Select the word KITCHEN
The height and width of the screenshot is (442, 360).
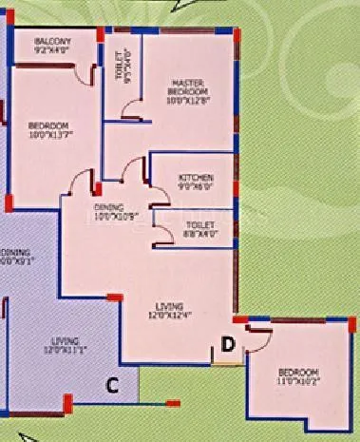point(196,178)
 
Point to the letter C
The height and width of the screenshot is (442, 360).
point(111,385)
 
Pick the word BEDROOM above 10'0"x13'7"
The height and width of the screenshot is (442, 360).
point(47,126)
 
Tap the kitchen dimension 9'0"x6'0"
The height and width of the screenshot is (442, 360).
point(197,186)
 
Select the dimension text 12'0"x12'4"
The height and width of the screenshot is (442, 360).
point(170,314)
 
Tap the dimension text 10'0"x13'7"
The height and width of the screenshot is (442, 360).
point(47,135)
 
